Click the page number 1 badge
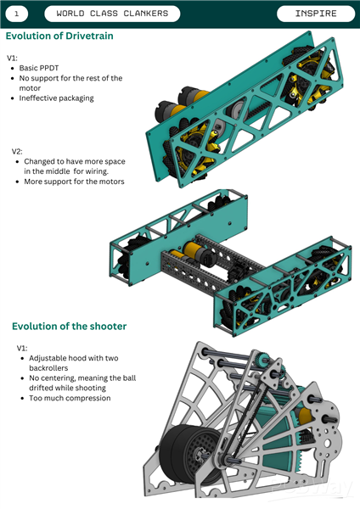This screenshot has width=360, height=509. point(17,14)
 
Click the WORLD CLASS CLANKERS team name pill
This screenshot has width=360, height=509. point(112,14)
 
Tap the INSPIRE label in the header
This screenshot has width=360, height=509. point(316,14)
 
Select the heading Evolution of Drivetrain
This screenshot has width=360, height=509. point(59,36)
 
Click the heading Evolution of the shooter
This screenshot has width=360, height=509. point(70,326)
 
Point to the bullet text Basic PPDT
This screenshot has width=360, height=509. point(39,68)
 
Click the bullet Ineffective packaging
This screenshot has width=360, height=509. point(57,98)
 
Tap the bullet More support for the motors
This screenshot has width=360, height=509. point(74,182)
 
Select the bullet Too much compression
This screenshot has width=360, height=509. point(70,398)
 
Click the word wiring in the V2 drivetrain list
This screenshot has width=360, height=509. point(97,171)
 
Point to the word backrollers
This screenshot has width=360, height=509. point(48,368)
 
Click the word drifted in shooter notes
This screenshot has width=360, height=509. point(42,388)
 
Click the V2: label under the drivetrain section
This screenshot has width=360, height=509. point(17,151)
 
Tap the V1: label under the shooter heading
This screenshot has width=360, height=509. point(22,349)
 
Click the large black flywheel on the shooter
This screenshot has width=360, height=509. point(190,454)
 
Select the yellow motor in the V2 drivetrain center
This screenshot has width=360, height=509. point(195,250)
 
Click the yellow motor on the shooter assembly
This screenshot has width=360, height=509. point(306,417)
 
